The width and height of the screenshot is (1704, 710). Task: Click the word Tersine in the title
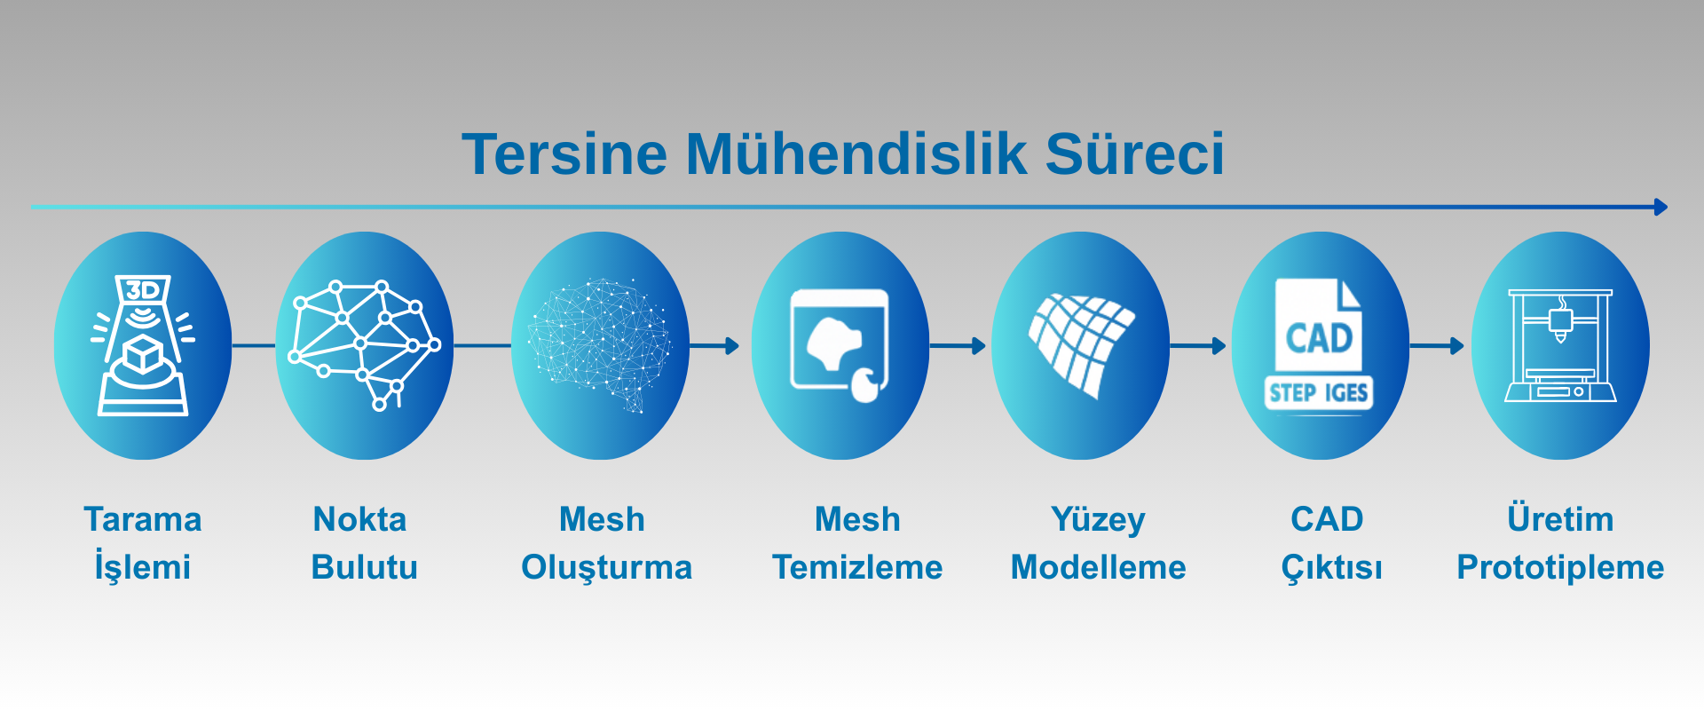coord(564,154)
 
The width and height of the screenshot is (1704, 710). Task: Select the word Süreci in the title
coord(1135,154)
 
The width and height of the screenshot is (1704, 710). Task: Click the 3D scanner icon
coord(143,345)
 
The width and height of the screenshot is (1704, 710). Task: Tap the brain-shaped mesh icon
coord(599,345)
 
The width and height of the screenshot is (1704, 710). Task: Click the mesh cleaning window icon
coord(840,345)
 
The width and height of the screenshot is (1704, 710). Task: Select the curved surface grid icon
coord(1081,345)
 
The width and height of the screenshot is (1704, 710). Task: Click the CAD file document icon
coord(1319,325)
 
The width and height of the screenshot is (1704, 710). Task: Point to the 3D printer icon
coord(1560,345)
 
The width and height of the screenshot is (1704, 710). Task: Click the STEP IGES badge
coord(1319,392)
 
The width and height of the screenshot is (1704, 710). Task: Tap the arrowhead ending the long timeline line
coord(1661,207)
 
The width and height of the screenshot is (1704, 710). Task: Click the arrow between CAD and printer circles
coord(1437,345)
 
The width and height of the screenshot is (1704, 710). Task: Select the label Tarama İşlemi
coord(143,543)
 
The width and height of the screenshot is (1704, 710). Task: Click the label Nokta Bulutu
coord(364,543)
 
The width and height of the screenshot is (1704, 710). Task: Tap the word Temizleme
coord(857,567)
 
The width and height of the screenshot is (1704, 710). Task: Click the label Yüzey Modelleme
coord(1099,543)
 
